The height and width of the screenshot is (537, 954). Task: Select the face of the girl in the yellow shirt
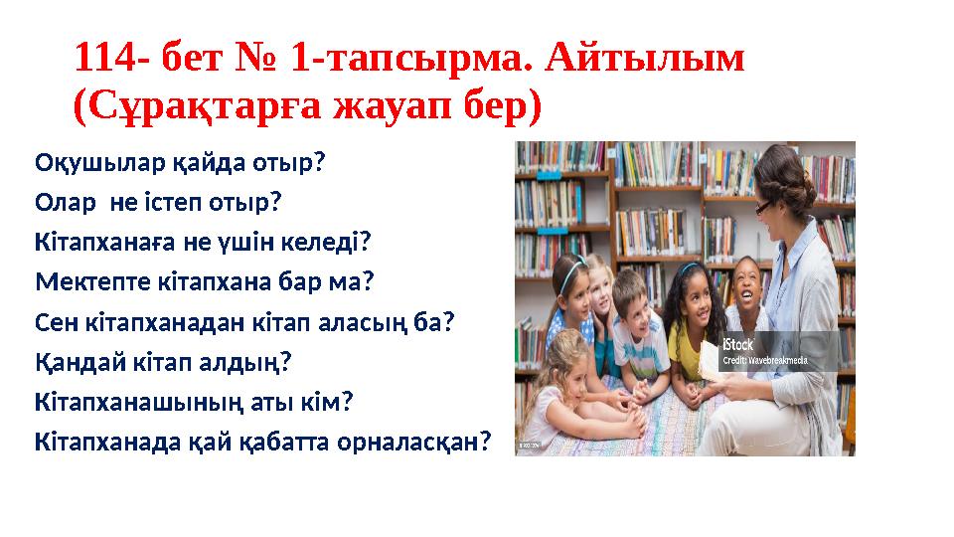[686, 294]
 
